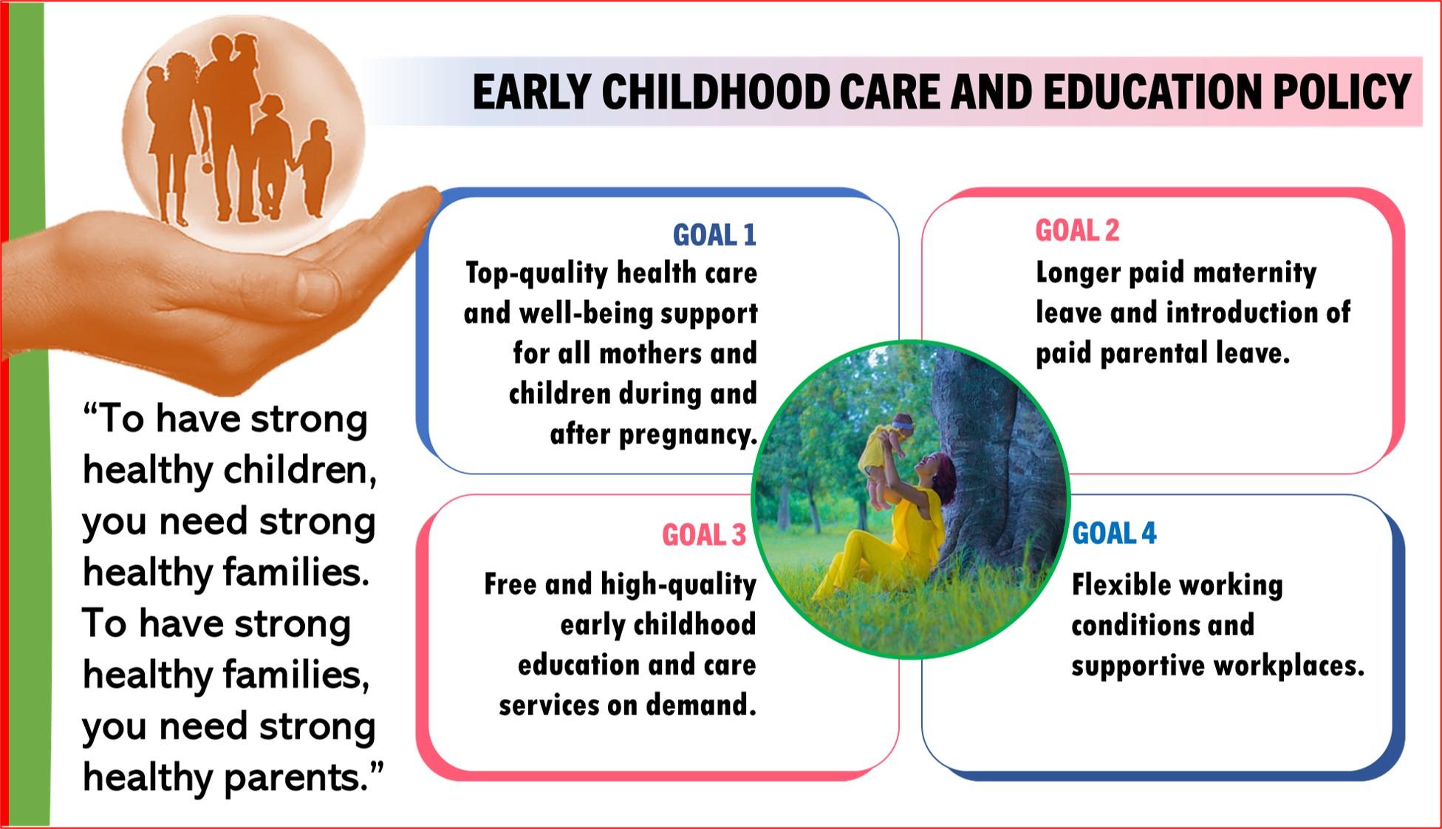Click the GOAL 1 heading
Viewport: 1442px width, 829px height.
pos(714,235)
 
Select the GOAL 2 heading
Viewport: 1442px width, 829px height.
pos(1077,231)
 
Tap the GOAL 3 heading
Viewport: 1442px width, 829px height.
pos(704,535)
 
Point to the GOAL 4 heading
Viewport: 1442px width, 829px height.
pos(1114,533)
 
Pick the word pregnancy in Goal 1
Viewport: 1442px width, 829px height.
pos(688,434)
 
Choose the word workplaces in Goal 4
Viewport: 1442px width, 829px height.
pos(1289,666)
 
